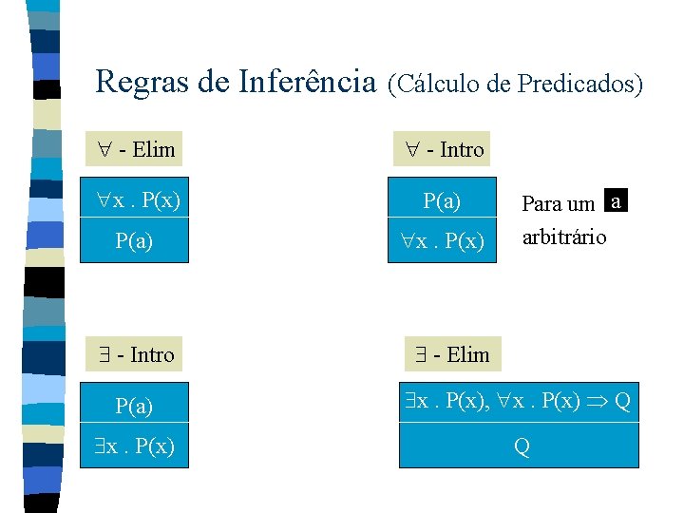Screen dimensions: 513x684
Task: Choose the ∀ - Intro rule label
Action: [x=443, y=149]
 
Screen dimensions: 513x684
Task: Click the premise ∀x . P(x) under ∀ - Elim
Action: [x=139, y=200]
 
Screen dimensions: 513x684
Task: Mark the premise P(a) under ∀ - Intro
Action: [x=443, y=200]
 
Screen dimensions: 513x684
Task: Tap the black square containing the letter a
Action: [x=617, y=202]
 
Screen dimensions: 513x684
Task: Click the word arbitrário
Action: [x=564, y=237]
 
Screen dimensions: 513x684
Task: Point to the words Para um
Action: [x=559, y=203]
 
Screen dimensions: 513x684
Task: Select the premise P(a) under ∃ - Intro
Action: [x=134, y=407]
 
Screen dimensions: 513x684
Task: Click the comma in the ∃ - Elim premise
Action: [x=491, y=407]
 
